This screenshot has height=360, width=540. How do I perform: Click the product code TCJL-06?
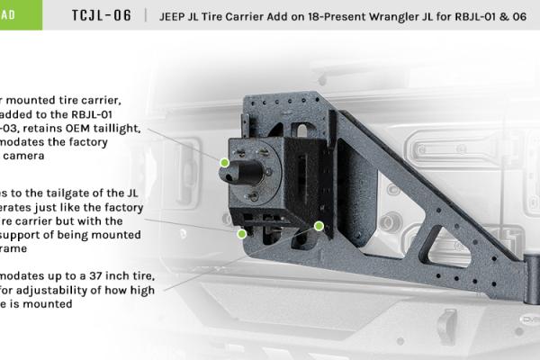coord(102,15)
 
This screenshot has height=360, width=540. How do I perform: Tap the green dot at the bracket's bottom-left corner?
coord(241,233)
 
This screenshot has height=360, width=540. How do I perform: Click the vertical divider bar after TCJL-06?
coord(146,16)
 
